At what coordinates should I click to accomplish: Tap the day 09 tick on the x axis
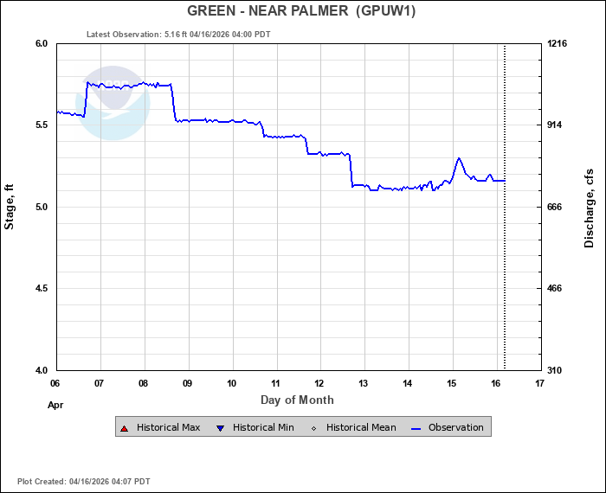(x=188, y=383)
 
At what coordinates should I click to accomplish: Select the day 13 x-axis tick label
(x=364, y=383)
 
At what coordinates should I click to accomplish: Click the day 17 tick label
(x=540, y=383)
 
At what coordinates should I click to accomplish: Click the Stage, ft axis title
(x=10, y=207)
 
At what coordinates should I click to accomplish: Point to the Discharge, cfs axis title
(x=590, y=207)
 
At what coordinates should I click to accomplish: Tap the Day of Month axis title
(x=297, y=400)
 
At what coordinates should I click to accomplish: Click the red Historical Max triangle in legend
(x=125, y=427)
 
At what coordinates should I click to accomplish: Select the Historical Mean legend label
(x=361, y=427)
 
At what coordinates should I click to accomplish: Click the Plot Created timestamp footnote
(x=84, y=481)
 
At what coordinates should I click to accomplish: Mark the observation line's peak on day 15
(x=459, y=158)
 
